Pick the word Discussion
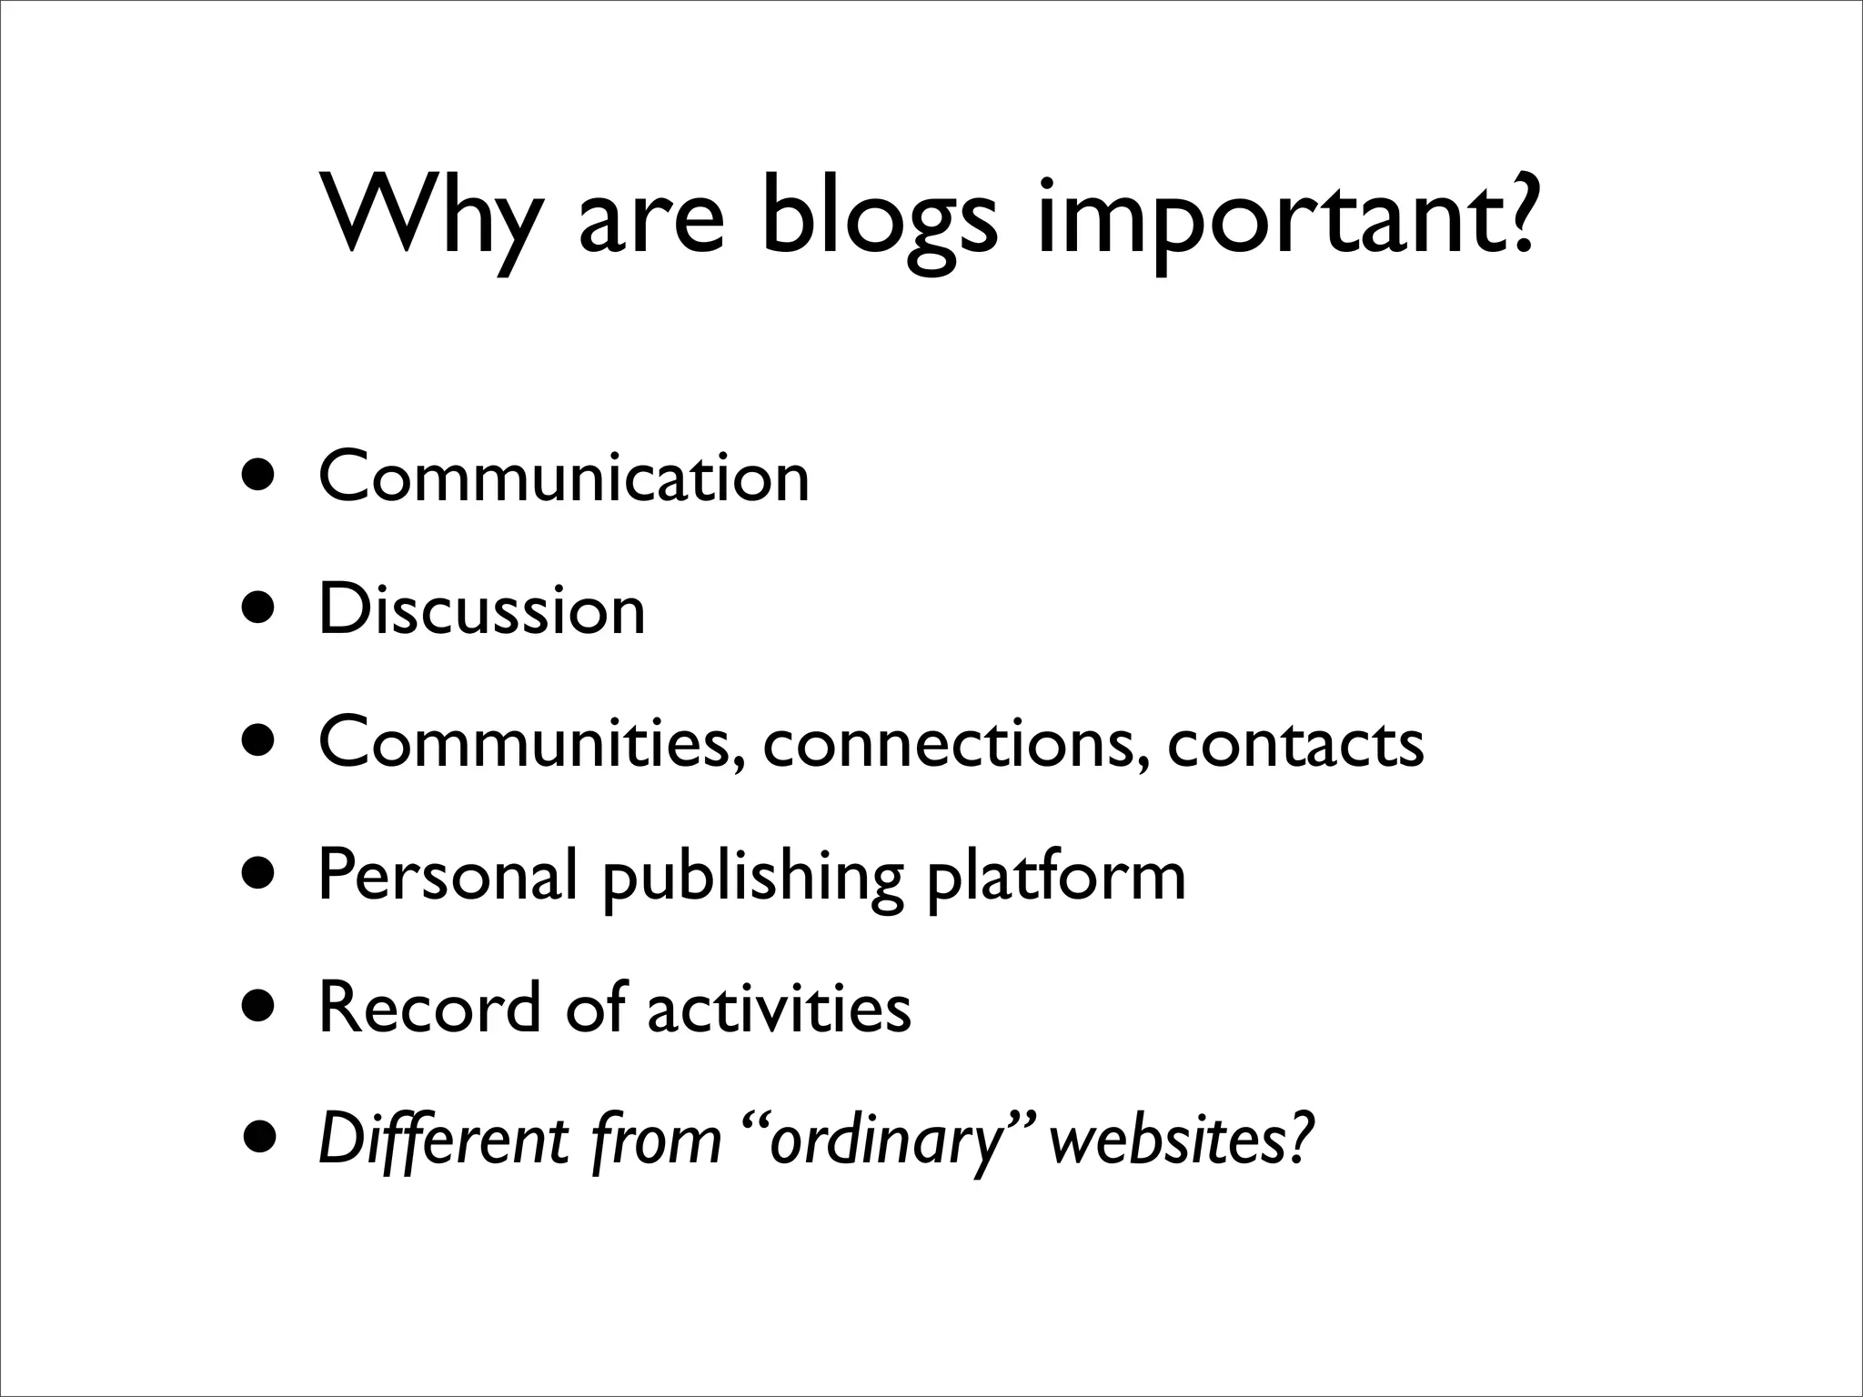pos(481,608)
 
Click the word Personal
pos(447,874)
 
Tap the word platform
pos(1056,874)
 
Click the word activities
pos(779,1007)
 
